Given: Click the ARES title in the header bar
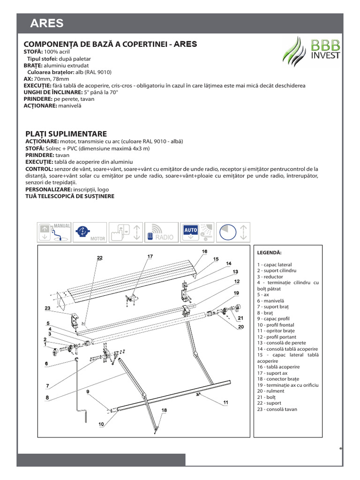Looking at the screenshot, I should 47,23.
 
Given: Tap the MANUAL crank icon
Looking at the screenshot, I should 54,232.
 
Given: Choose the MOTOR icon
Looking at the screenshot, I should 90,232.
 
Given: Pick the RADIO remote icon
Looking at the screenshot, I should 160,232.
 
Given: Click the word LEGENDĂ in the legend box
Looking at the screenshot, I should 269,252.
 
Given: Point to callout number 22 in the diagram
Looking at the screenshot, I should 99,258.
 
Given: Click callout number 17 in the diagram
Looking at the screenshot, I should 150,256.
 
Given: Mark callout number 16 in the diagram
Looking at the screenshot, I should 205,251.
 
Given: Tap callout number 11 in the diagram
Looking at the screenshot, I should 225,402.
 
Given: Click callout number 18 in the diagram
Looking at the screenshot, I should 164,410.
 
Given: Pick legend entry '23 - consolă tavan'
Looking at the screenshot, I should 277,409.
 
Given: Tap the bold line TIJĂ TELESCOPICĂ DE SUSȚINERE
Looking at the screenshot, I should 69,196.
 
